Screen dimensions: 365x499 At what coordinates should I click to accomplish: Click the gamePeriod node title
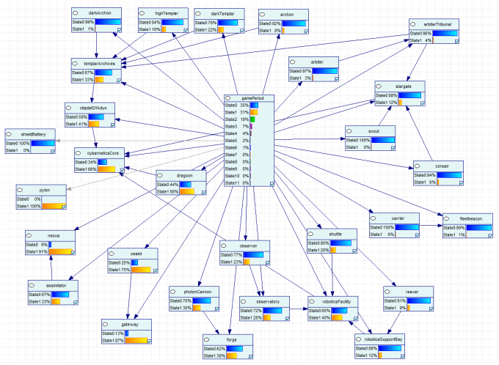(x=252, y=97)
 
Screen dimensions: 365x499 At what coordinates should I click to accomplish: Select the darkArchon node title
(x=99, y=13)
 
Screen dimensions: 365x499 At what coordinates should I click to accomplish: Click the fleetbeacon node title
(x=469, y=218)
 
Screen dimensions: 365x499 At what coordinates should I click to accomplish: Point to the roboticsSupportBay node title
(x=382, y=339)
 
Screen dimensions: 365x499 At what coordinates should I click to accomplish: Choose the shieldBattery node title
(x=34, y=133)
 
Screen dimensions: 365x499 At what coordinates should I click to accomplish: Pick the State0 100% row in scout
(x=359, y=139)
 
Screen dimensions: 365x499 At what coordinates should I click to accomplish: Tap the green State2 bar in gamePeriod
(x=252, y=119)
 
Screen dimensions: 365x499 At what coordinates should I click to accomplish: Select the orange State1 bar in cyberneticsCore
(x=111, y=169)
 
